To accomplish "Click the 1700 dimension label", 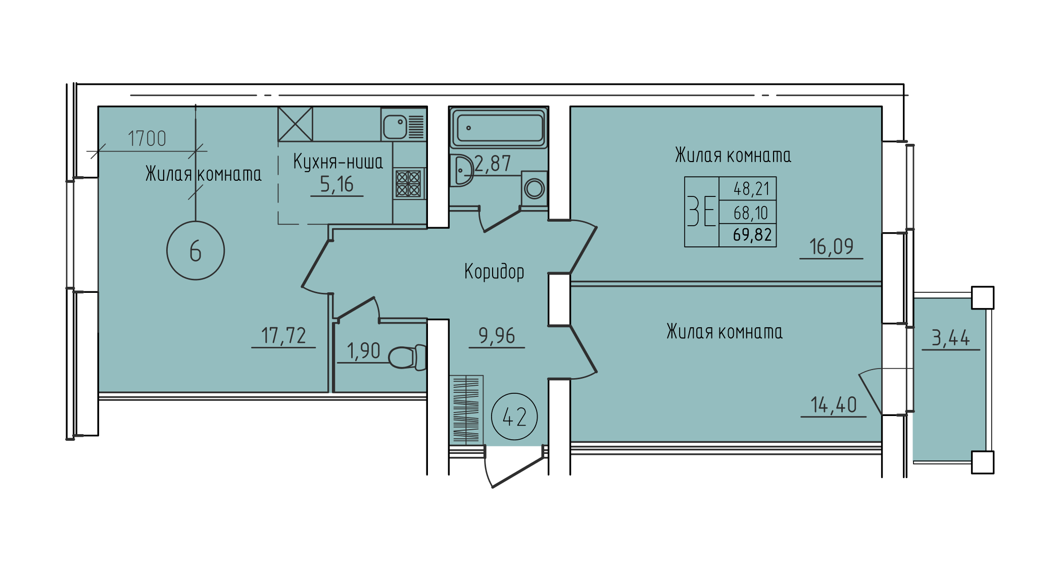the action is pos(147,138).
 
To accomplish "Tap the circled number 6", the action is pos(196,250).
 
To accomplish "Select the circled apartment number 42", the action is pos(514,417).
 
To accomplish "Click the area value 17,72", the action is pos(283,335).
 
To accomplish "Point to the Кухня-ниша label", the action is pos(338,162).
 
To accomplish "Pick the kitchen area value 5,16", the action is pos(336,184).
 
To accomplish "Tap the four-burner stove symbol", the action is pos(408,183).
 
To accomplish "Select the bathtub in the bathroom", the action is pos(499,127).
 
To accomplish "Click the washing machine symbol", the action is pos(534,189).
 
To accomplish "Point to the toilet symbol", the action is pos(407,357).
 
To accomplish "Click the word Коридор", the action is pos(494,272).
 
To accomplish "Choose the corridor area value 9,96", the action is pos(497,336).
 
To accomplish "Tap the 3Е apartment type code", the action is pos(701,211).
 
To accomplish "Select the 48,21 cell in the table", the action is pos(751,189).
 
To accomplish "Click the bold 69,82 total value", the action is pos(752,235).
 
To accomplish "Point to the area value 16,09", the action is pos(831,247).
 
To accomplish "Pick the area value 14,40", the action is pos(834,405).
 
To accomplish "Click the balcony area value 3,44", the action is pos(950,338).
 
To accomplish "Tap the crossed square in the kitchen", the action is pos(295,124).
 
